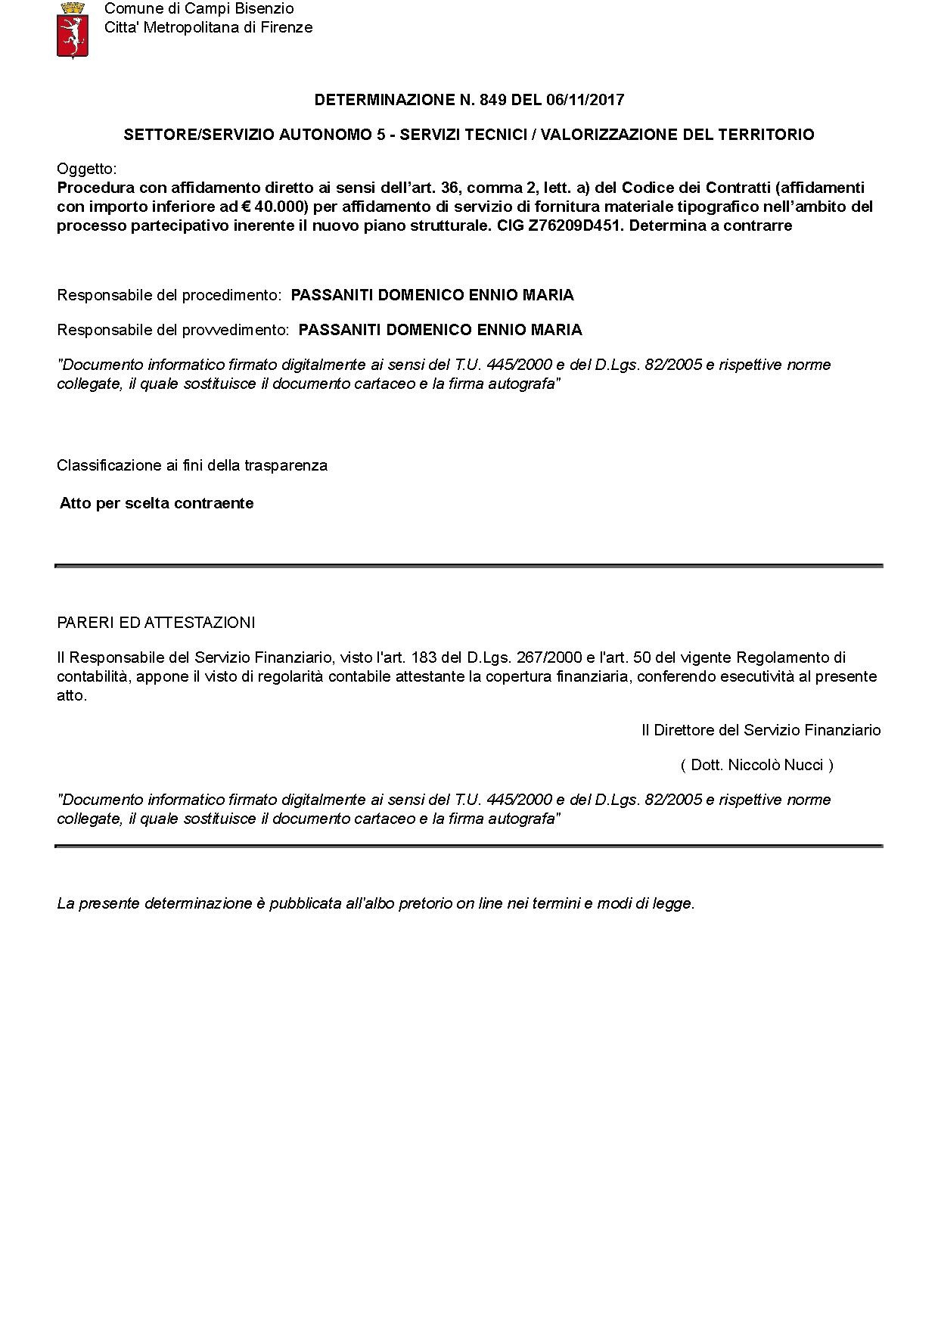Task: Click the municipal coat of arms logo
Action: pos(73,30)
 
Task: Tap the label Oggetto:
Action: pos(87,169)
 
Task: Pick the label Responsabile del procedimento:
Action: pos(169,295)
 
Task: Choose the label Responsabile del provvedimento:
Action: pos(173,330)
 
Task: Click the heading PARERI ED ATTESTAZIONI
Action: pos(156,623)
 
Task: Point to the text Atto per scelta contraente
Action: pos(157,503)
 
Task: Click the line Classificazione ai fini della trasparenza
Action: pos(192,465)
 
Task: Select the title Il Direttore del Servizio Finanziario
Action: pos(761,730)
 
